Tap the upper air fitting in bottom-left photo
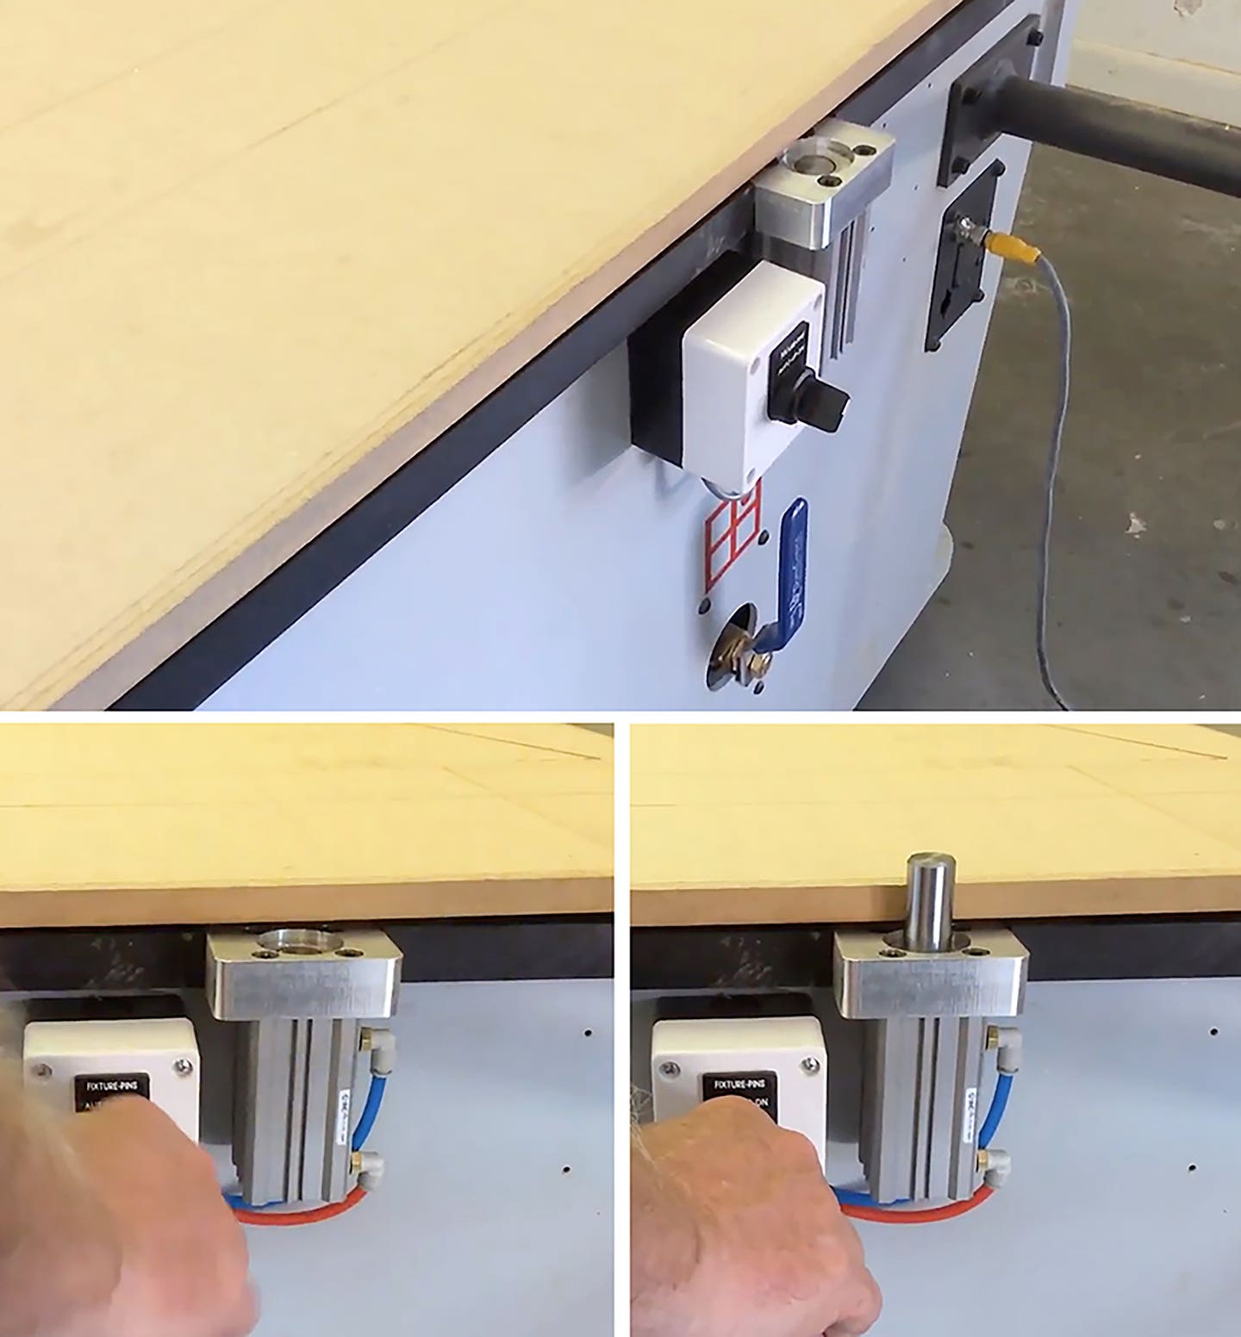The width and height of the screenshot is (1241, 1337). (370, 1037)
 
